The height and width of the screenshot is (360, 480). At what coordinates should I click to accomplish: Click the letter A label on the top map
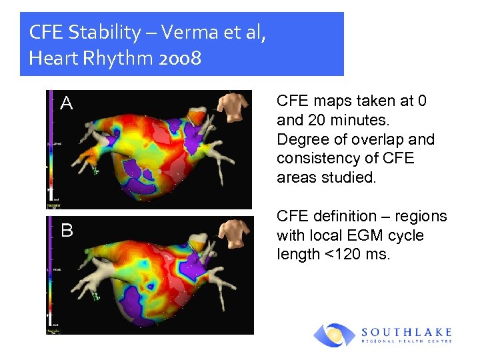(x=66, y=103)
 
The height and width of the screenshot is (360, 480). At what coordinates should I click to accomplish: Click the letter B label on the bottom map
(x=67, y=231)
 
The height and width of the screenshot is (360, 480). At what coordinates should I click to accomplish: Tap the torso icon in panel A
(x=233, y=107)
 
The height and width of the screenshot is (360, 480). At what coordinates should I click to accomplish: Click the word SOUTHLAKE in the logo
(x=407, y=331)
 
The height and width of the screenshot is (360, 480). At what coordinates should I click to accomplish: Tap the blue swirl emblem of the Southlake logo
(x=335, y=335)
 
